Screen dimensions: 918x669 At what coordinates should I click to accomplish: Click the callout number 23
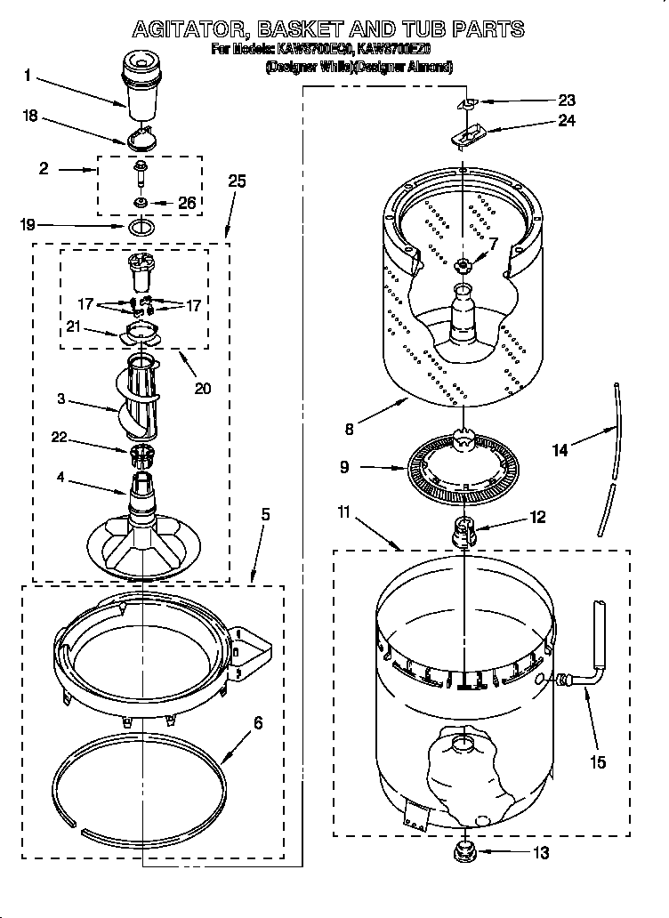(x=567, y=101)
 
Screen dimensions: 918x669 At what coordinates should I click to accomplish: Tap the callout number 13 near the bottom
(x=541, y=853)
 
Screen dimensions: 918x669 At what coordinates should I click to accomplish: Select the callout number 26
(x=186, y=203)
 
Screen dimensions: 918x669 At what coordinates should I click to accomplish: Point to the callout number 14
(x=560, y=450)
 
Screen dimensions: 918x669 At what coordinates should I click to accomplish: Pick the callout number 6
(x=258, y=723)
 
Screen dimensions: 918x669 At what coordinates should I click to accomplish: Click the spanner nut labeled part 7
(x=463, y=265)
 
